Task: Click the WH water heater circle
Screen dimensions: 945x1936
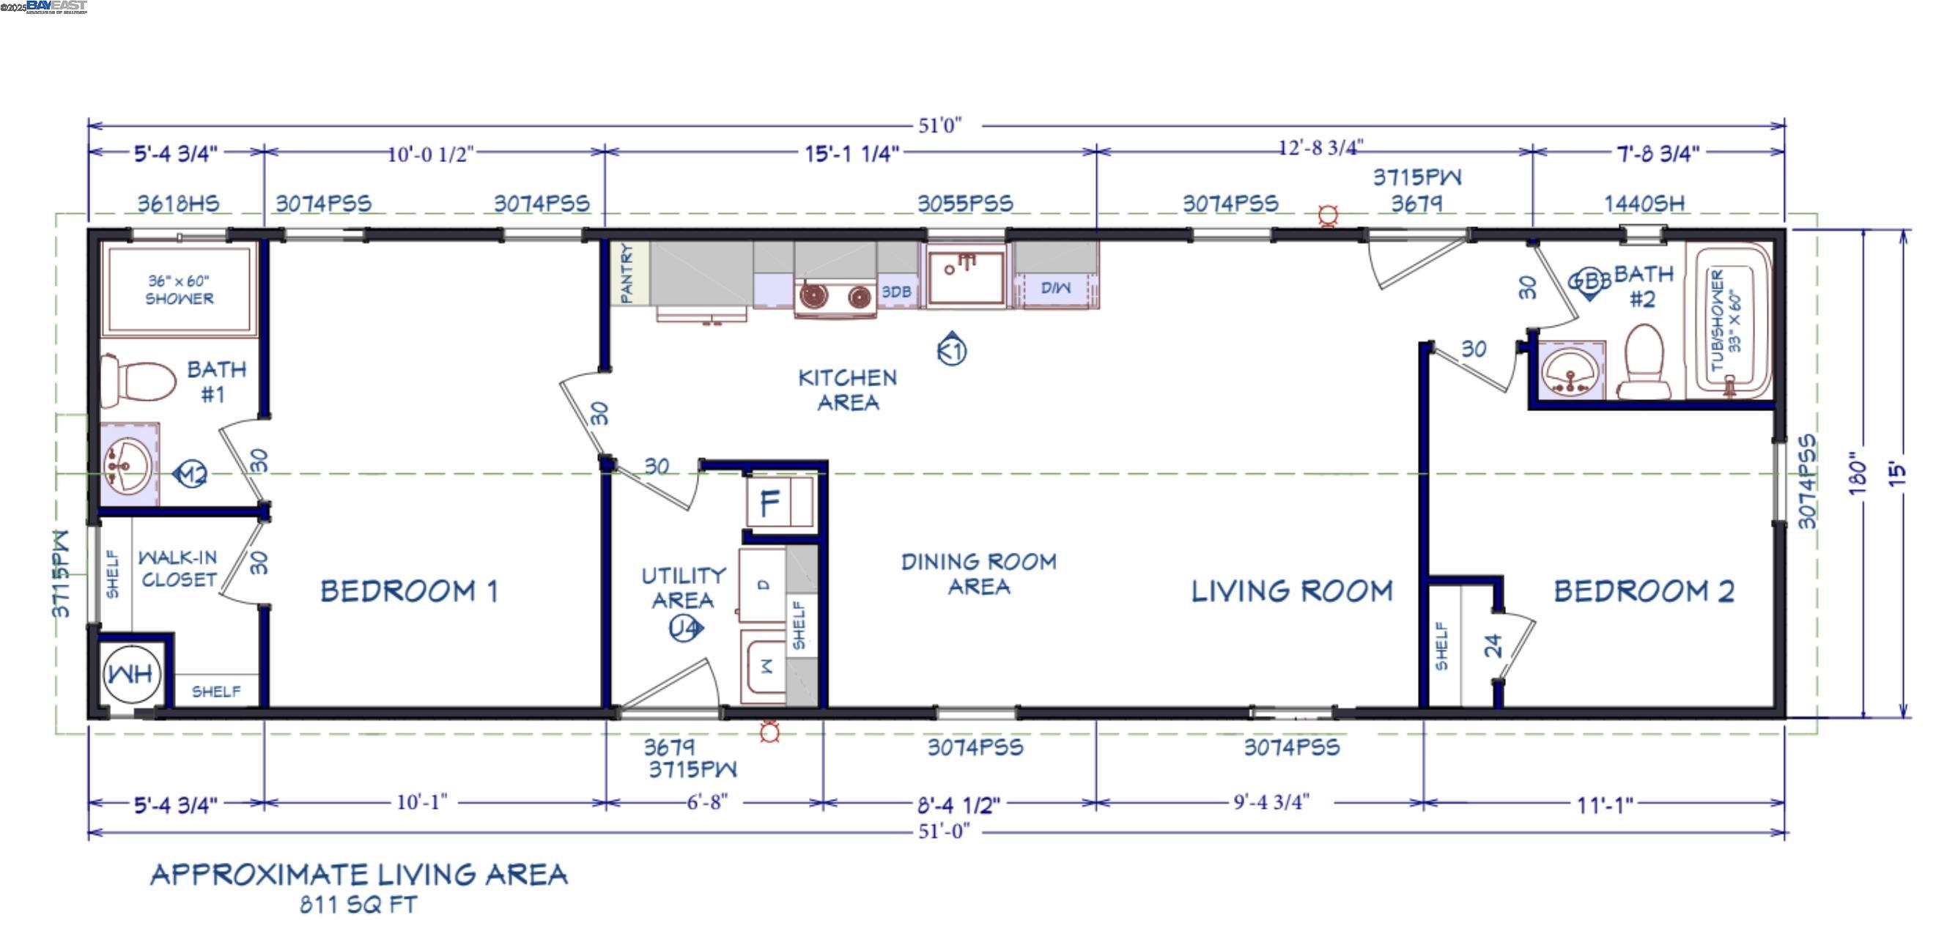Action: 131,674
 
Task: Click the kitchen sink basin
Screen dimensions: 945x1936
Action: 966,276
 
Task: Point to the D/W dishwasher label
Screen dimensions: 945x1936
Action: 1055,288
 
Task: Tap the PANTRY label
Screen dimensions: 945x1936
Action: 626,273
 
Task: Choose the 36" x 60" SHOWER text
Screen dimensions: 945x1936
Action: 179,290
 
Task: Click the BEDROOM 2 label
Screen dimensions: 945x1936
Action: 1644,592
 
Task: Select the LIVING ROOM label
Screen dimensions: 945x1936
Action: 1292,592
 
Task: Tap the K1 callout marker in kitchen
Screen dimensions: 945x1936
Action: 951,350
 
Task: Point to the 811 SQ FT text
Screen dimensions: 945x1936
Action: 358,905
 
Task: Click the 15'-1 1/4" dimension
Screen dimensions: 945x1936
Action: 851,154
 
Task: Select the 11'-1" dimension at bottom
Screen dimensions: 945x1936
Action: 1605,805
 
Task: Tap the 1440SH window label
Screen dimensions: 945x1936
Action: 1644,204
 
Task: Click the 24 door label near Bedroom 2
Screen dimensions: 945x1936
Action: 1493,645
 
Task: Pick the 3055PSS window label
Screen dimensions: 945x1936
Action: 965,204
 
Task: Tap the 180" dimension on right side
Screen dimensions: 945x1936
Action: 1857,473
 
